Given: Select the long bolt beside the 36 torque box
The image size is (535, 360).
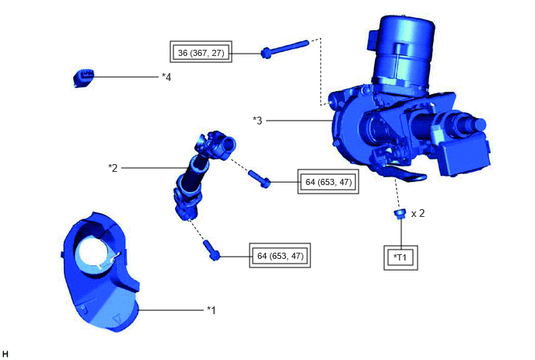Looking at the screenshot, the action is click(x=285, y=49).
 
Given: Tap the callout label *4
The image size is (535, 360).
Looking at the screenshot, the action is click(x=166, y=77).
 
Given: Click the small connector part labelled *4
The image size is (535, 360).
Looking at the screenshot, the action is click(x=84, y=78).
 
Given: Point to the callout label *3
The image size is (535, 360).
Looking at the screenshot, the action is click(x=257, y=121).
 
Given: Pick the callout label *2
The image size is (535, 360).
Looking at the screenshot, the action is click(x=113, y=168).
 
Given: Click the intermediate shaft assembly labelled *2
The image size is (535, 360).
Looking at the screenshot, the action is click(x=204, y=174).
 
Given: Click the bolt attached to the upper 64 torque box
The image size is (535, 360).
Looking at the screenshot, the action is click(x=260, y=179).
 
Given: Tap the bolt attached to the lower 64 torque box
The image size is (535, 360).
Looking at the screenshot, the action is click(x=212, y=250).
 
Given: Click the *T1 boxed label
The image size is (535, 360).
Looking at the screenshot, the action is click(x=400, y=257).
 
